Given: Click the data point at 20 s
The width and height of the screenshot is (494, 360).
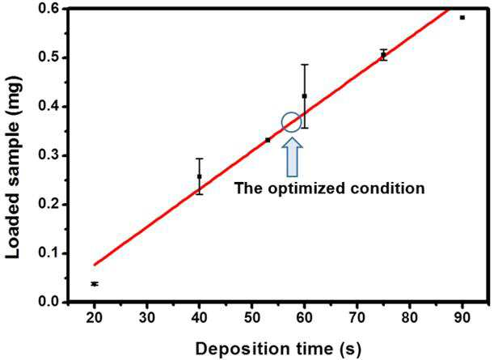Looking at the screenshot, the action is tap(95, 284).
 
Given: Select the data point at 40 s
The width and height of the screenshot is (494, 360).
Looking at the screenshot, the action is tap(199, 176).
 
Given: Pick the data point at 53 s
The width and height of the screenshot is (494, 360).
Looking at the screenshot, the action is tap(268, 140).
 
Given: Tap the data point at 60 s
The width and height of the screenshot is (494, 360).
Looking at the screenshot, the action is tap(304, 95).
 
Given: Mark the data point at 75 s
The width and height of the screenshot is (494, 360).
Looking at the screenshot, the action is tap(383, 55).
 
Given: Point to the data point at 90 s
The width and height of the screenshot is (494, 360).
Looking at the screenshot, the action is tap(462, 18).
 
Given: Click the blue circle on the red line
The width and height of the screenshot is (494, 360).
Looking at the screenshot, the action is tap(282, 122).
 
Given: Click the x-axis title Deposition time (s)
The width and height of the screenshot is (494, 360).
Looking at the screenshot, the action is tap(278, 349).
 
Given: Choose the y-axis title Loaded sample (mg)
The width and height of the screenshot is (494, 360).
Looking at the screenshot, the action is tap(13, 167).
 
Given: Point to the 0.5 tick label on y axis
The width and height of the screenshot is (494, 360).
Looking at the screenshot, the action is tap(49, 58).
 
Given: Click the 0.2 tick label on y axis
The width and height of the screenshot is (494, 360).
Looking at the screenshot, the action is tap(49, 205).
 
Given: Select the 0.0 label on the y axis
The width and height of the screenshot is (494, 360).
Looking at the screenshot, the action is tap(49, 302).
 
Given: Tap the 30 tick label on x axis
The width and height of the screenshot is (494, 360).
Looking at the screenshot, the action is tap(147, 317).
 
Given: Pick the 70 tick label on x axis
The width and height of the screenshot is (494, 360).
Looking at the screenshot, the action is tap(357, 317).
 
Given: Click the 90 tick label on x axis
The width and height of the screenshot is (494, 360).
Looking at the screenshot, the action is tap(462, 317).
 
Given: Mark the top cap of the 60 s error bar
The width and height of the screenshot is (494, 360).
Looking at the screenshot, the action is tap(304, 65).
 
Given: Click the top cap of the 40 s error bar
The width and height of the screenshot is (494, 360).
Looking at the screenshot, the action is tap(199, 159).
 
